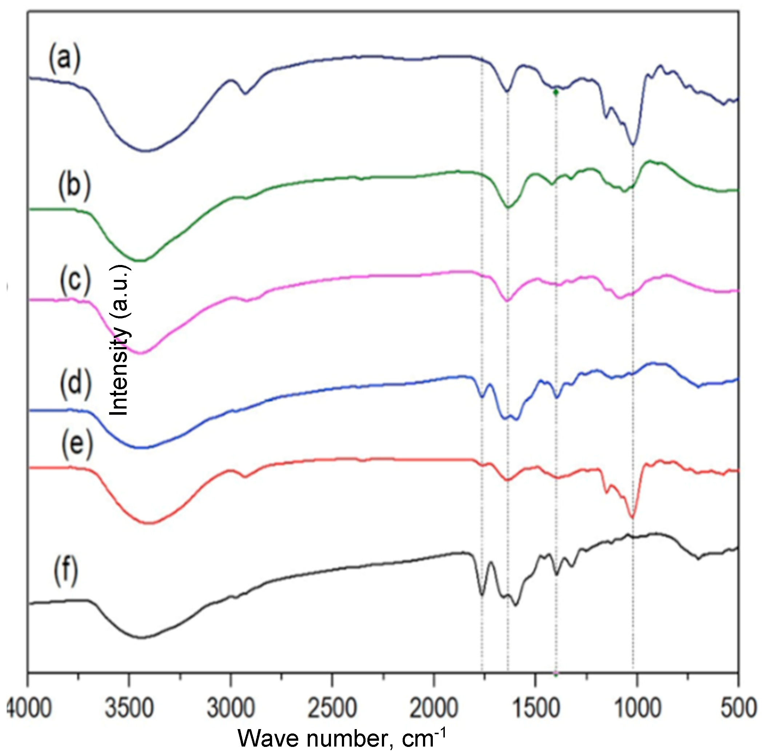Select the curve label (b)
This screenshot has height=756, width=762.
coord(74,186)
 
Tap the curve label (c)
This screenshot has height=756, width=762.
coord(75,281)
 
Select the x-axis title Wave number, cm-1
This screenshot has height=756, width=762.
coord(342,738)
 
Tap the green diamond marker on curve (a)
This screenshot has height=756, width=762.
coord(556,93)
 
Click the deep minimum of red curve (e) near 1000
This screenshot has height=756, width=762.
coord(632,518)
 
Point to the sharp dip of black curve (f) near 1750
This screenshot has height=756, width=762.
coord(482,594)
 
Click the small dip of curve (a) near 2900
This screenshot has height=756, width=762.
coord(245,93)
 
